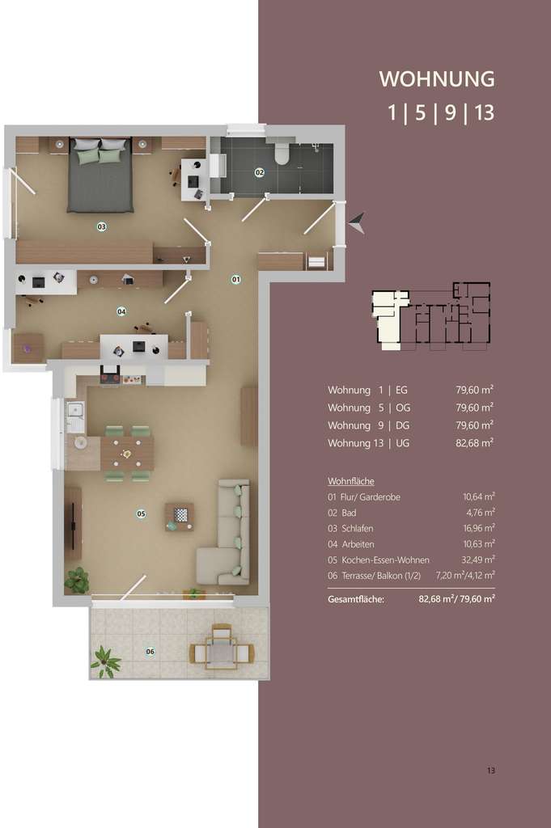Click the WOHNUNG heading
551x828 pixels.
coord(437,79)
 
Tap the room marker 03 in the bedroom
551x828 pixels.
coord(102,226)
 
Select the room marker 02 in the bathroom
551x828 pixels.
coord(260,172)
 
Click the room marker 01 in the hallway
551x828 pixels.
coord(236,279)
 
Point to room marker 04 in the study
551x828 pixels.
coord(121,310)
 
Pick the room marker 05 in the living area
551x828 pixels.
coord(141,513)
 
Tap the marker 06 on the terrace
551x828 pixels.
coord(150,651)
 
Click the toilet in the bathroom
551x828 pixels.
coord(282,153)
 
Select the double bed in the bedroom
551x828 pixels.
coord(100,175)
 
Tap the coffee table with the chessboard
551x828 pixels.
coord(180,516)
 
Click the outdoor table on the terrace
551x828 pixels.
coord(220,650)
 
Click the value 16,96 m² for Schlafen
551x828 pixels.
coord(477,528)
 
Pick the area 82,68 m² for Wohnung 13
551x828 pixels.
coord(474,442)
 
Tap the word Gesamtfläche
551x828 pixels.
coord(356,599)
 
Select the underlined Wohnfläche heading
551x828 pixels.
coord(351,480)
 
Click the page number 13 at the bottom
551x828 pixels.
coord(490,771)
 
